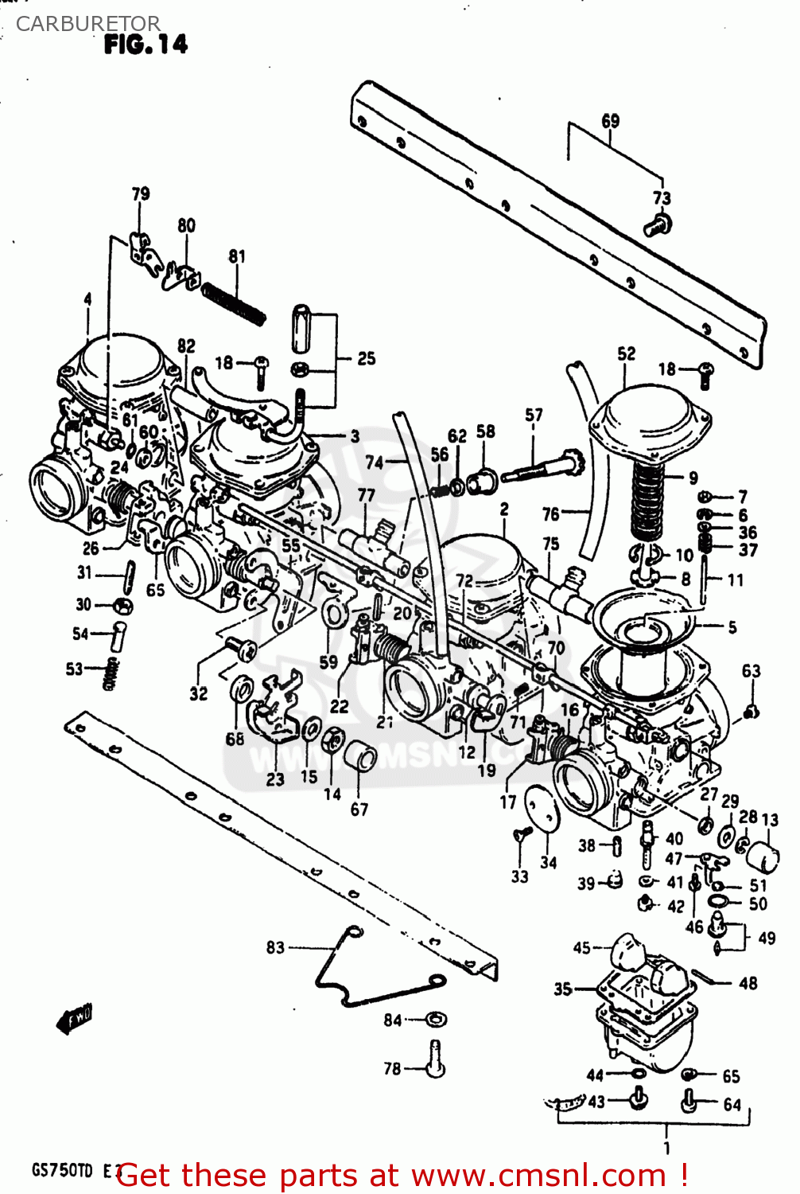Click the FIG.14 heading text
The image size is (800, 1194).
coord(146,45)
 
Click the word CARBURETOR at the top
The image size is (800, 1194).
coord(87,24)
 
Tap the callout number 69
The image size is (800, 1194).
coord(610,121)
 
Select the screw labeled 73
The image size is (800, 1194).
coord(658,224)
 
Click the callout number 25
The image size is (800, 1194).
coord(366,358)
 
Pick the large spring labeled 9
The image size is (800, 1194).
coord(647,499)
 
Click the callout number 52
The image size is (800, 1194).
coord(626,353)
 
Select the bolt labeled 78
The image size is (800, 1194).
coord(434,1059)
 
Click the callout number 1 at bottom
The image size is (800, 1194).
coord(666,1147)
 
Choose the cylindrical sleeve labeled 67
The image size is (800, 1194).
coord(361,755)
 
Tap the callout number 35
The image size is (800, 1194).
coord(562,989)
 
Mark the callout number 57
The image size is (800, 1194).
coord(534,415)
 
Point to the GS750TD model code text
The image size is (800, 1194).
coord(62,1170)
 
